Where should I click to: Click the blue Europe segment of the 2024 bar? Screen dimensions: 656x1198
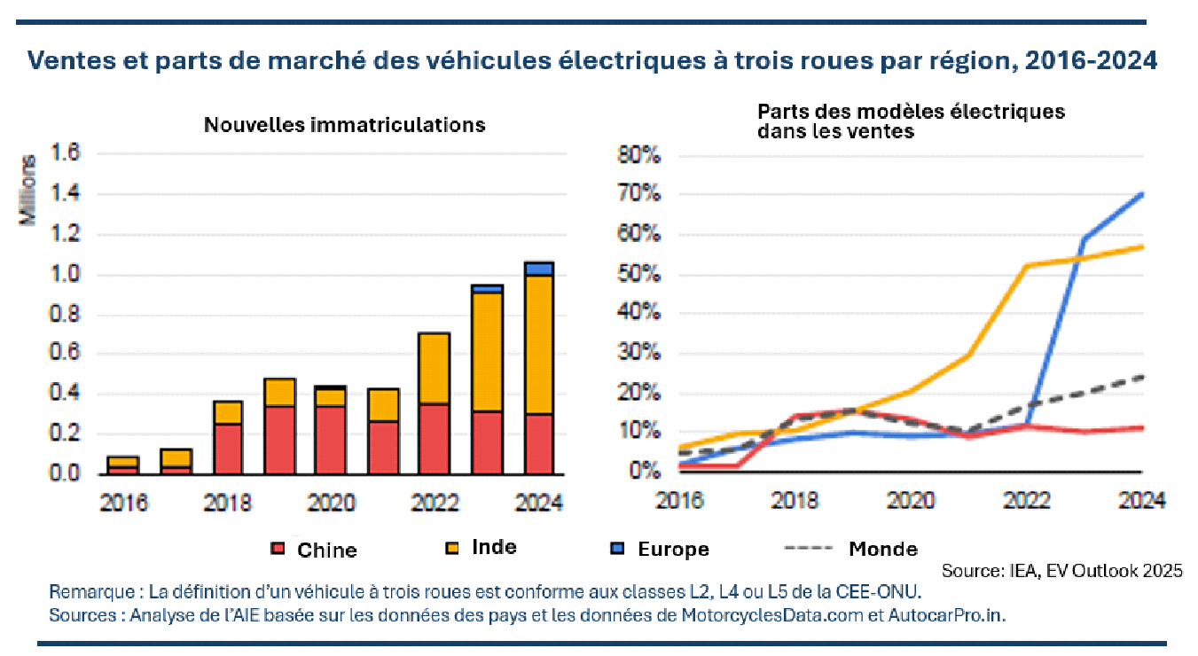tap(539, 269)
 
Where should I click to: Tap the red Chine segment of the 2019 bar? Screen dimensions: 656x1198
tap(280, 440)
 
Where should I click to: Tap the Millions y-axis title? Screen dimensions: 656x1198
tap(30, 190)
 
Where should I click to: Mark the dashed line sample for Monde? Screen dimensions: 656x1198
tap(808, 549)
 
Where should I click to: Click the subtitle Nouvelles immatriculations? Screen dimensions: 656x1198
tap(344, 124)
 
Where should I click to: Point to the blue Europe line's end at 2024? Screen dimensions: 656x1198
tap(1142, 194)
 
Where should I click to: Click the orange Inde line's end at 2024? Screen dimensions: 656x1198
tap(1142, 246)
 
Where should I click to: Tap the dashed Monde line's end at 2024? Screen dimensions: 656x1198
tap(1142, 376)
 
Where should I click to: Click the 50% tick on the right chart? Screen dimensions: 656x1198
tap(639, 275)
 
